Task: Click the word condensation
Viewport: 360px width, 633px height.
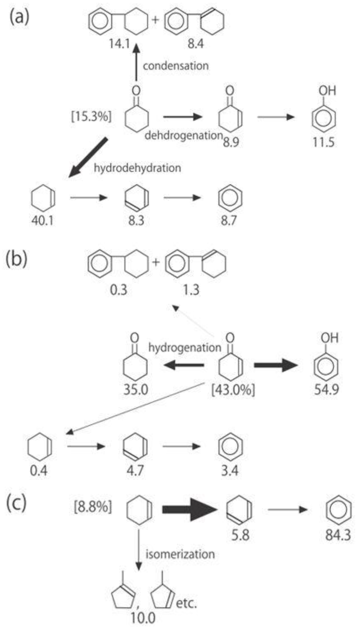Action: (x=175, y=66)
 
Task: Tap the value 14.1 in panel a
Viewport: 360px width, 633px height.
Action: (x=120, y=44)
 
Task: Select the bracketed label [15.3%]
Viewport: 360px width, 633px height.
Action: (x=91, y=116)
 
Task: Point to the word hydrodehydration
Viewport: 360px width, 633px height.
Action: (x=137, y=168)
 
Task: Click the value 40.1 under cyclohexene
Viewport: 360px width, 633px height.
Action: (x=43, y=220)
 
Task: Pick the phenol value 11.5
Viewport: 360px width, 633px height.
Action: (x=323, y=142)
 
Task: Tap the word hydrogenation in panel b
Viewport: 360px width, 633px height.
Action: (x=185, y=347)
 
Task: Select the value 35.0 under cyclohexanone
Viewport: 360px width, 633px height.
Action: (x=135, y=390)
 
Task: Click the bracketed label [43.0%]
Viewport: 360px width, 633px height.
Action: (x=233, y=390)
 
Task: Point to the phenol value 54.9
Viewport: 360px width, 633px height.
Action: (x=326, y=390)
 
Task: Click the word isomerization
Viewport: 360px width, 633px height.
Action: (x=180, y=554)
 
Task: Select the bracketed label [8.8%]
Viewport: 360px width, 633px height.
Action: (x=93, y=507)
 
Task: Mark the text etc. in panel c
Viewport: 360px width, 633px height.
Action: (x=186, y=603)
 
